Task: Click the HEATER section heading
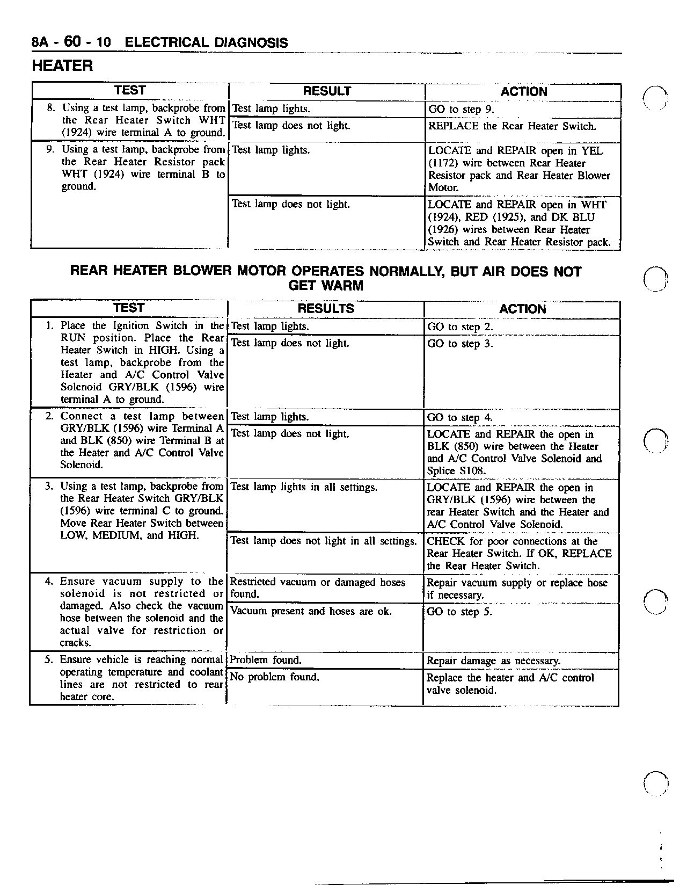coord(62,66)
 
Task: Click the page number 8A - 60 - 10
coord(71,42)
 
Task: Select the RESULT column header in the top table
coord(327,91)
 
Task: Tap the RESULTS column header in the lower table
coord(326,309)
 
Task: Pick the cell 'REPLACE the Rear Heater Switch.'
coord(512,127)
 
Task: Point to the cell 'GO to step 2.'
coord(459,327)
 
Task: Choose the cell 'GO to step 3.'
coord(459,344)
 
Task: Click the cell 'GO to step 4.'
coord(459,418)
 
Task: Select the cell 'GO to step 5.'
coord(459,612)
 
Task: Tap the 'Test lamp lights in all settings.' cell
coord(304,487)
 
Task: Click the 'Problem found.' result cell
coord(266,660)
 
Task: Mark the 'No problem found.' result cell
coord(274,677)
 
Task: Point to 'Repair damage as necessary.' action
coord(493,661)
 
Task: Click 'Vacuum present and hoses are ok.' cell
coord(311,611)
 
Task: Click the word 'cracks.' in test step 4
coord(76,643)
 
